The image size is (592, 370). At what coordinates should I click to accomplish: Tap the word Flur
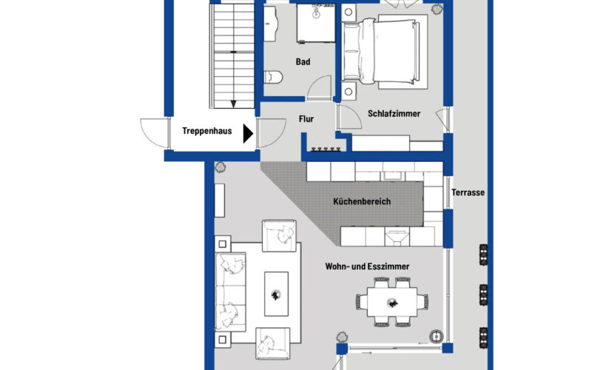(x=307, y=118)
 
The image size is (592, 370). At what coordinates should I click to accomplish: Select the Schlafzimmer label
(x=394, y=114)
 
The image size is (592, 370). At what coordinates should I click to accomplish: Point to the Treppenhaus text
(x=206, y=132)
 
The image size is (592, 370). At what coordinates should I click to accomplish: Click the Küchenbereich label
(x=362, y=201)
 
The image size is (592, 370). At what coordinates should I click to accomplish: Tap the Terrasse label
(x=468, y=193)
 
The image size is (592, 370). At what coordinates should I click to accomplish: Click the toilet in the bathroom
(x=272, y=77)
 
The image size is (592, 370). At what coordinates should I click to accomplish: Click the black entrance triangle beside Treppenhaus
(x=249, y=132)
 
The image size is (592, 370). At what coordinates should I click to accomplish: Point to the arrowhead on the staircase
(x=233, y=104)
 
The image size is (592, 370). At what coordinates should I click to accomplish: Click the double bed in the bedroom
(x=385, y=52)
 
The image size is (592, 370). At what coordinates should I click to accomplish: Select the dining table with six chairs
(x=392, y=302)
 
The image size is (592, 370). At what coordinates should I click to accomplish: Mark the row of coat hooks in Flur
(x=325, y=149)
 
